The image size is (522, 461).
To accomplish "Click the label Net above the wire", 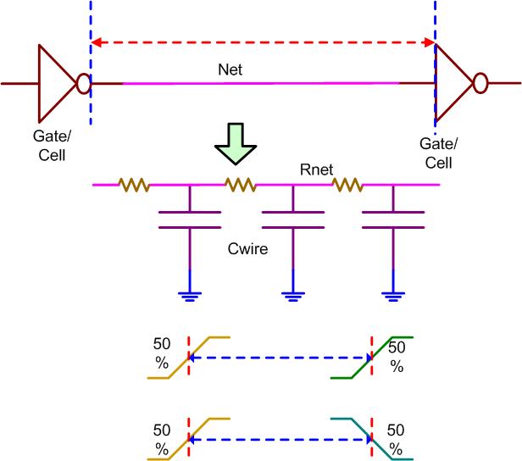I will point(229,70).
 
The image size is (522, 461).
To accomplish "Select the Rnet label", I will point(314,169).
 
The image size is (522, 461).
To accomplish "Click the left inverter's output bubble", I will point(83,83).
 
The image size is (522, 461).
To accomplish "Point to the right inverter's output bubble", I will point(480,83).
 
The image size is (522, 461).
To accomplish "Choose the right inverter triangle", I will point(452,83).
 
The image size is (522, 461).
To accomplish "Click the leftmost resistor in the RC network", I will point(133,183).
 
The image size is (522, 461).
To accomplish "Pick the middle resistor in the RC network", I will point(240,183).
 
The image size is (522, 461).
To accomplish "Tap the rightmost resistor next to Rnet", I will point(347,183).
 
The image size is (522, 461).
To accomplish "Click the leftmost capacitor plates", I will point(189,219).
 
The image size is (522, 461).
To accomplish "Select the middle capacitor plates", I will point(292,219).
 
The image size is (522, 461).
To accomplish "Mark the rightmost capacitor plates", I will point(392,219).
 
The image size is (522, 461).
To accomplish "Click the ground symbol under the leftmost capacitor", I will point(189,294).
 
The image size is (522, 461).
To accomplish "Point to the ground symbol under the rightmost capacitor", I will point(392,294).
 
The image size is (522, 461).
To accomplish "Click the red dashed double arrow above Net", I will point(263,41).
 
